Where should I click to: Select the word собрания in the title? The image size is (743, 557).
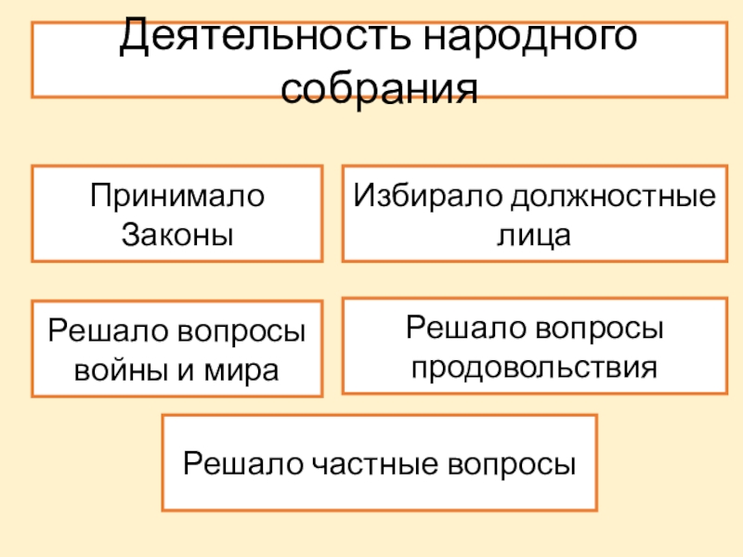click(380, 89)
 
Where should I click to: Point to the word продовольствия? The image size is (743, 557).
click(534, 365)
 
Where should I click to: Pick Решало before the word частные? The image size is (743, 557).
click(237, 462)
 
